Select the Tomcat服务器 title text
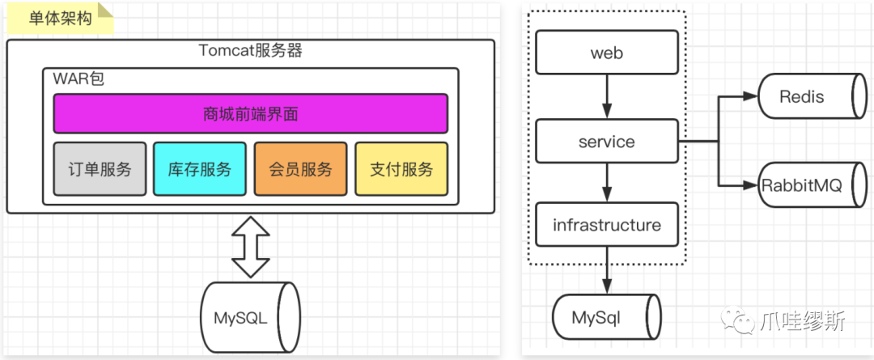coord(250,51)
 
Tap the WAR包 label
coord(78,78)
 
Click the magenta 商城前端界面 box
coord(250,114)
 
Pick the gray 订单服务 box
coord(100,169)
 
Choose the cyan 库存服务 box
coord(200,169)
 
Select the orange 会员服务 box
coord(300,169)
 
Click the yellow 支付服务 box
coord(401,169)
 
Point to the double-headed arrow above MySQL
coord(250,247)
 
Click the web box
coord(607,53)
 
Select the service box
coord(607,141)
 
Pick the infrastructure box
coord(607,225)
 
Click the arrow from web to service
coord(607,96)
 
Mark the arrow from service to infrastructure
coord(607,183)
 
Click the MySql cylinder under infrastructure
coord(607,318)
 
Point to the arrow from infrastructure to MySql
coord(607,271)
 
